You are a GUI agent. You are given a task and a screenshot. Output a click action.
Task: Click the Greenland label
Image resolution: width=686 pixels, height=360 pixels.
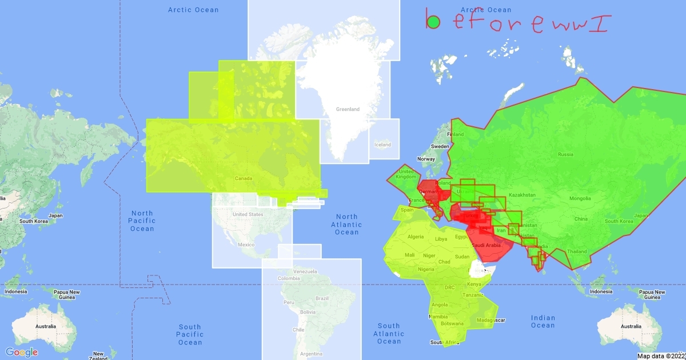347,109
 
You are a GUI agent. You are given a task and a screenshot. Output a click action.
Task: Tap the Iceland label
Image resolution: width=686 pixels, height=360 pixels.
382,145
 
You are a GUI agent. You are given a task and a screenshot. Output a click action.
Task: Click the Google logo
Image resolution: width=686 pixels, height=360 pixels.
22,351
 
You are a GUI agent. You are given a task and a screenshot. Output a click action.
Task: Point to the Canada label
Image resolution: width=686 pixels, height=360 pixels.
244,178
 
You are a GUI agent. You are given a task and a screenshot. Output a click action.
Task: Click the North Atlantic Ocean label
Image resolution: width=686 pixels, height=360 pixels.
346,224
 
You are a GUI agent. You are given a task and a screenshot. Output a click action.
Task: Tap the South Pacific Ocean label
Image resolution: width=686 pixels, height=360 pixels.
190,334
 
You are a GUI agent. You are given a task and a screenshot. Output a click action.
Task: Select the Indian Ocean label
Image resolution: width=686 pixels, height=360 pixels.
543,321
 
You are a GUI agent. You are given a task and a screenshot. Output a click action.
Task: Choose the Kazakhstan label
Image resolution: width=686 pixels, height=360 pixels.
523,195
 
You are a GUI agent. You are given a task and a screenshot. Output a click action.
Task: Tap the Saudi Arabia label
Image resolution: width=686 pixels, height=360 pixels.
486,245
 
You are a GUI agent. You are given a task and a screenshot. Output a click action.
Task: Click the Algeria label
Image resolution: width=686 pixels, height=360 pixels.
415,237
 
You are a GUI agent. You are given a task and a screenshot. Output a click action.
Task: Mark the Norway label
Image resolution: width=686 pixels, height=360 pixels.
426,159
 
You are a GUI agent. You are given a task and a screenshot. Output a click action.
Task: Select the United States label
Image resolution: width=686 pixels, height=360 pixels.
248,214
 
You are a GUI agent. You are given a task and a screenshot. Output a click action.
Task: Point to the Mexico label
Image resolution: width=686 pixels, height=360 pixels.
246,245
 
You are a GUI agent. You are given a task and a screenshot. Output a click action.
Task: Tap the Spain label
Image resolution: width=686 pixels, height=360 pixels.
406,210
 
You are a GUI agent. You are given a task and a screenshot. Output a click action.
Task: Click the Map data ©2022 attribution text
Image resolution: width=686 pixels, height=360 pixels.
660,356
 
